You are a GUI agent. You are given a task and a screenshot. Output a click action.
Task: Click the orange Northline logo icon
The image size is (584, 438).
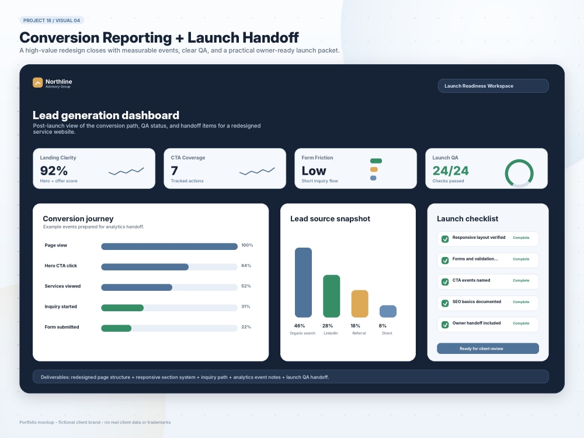(x=37, y=82)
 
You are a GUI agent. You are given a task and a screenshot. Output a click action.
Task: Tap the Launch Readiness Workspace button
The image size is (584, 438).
(x=493, y=86)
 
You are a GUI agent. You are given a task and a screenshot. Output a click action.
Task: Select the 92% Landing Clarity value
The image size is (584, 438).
(x=54, y=171)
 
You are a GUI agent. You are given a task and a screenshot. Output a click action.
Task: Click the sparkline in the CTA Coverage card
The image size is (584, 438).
(x=257, y=171)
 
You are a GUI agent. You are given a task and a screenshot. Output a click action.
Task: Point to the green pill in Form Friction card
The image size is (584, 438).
(x=376, y=161)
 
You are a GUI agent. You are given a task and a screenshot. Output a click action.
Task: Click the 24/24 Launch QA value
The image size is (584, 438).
(x=451, y=171)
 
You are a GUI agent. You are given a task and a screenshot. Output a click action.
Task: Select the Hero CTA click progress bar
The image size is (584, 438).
(x=169, y=267)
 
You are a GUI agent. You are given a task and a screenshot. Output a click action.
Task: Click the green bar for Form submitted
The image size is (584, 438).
(x=116, y=328)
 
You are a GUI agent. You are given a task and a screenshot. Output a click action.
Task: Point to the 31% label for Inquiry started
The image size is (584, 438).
(x=246, y=307)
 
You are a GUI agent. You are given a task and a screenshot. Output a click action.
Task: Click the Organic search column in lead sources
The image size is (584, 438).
(x=303, y=282)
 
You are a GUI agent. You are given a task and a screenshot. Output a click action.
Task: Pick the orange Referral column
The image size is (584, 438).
(x=360, y=304)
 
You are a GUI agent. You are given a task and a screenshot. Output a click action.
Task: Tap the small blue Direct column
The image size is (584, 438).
(x=388, y=311)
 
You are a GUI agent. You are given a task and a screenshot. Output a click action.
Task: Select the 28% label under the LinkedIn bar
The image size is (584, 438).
(x=328, y=325)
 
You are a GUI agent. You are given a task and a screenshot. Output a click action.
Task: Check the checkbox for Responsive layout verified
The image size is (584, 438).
(x=445, y=239)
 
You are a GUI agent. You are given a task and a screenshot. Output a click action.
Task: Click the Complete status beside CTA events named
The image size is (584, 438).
(x=521, y=280)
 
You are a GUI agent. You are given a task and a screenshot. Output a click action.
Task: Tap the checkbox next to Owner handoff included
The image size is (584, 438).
(x=445, y=325)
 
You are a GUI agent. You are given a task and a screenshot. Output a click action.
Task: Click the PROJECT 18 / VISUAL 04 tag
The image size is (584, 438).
(x=52, y=20)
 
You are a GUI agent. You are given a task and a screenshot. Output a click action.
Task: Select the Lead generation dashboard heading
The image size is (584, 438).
(x=106, y=115)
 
